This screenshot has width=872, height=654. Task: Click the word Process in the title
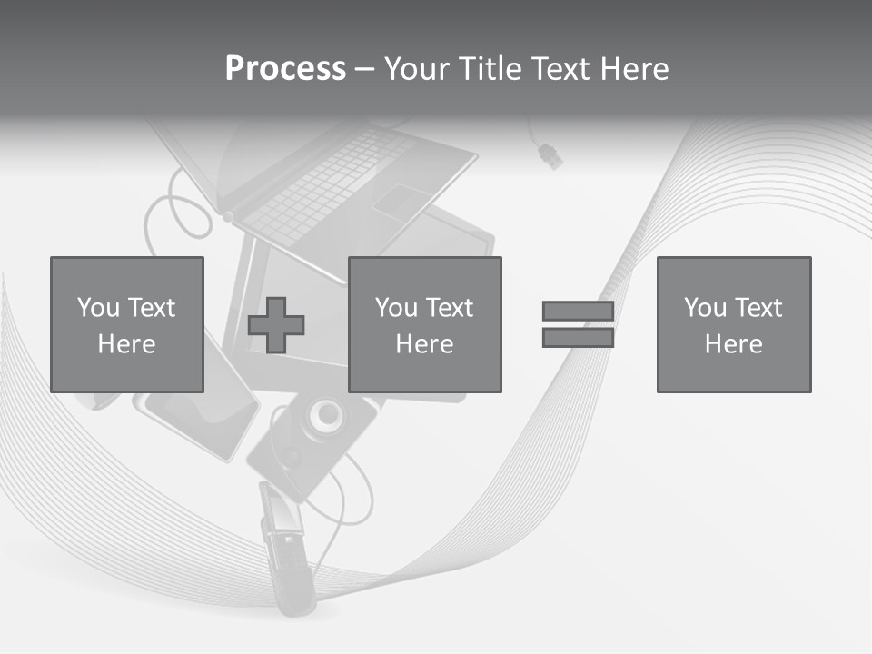[x=285, y=69]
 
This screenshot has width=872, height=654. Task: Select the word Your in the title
[x=418, y=69]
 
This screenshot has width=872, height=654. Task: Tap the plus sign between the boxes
[x=276, y=325]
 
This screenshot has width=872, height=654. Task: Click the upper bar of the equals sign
[x=578, y=312]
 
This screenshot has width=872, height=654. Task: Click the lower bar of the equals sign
[x=578, y=337]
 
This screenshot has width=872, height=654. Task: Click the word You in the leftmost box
[x=99, y=308]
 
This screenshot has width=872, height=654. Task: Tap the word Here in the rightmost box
[x=733, y=344]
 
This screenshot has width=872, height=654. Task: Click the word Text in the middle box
[x=449, y=308]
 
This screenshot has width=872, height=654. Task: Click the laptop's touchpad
[x=401, y=202]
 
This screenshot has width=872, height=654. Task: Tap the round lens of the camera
[x=324, y=416]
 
